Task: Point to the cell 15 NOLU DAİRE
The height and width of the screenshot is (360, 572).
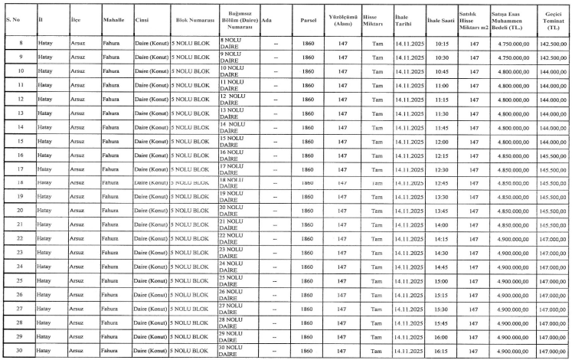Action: [235, 141]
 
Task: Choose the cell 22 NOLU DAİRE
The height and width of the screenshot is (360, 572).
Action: [235, 238]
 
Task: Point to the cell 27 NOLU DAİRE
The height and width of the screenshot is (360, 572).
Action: [235, 308]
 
